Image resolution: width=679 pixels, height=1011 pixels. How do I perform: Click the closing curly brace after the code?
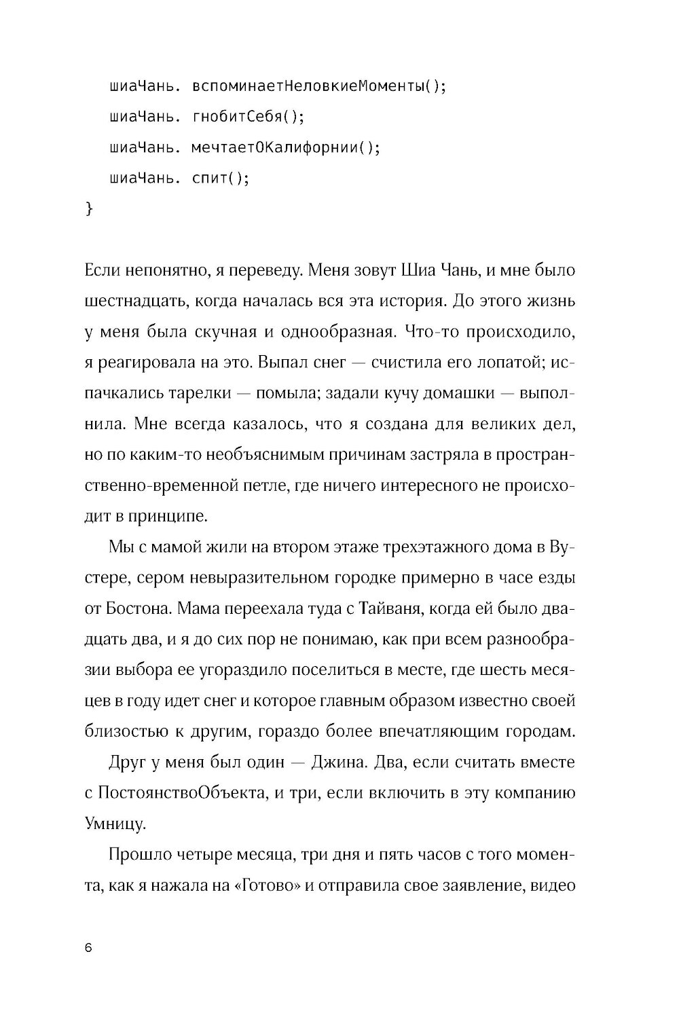[x=88, y=208]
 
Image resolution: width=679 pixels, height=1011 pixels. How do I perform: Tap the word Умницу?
[x=113, y=824]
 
